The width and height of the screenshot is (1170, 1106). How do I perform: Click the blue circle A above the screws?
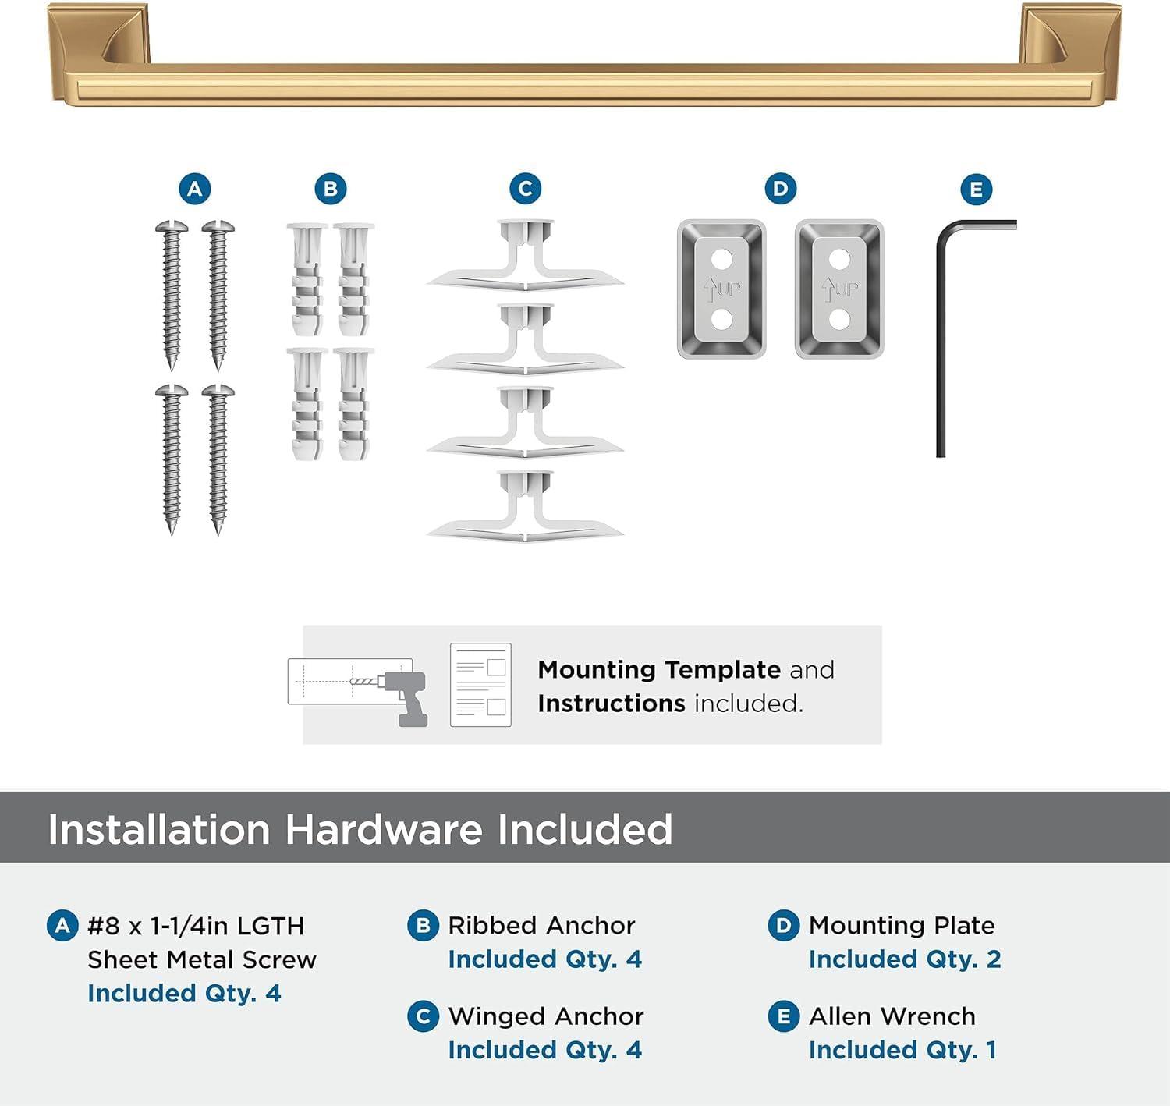[x=195, y=189]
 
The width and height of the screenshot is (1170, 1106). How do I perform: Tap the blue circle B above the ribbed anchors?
[x=331, y=189]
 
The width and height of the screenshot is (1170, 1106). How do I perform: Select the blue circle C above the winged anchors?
[x=525, y=189]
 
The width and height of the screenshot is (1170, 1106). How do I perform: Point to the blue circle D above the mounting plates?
[x=781, y=189]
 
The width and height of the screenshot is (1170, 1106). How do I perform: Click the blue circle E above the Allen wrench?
[x=976, y=190]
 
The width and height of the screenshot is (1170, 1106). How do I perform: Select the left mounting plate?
[x=721, y=289]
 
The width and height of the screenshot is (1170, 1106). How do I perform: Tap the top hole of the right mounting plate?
[x=839, y=258]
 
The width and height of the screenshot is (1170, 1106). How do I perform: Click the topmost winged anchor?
[x=525, y=257]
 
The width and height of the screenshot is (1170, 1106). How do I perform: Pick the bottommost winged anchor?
[x=525, y=507]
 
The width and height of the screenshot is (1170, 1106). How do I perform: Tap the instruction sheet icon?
[x=480, y=685]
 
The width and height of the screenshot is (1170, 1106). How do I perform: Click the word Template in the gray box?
[x=722, y=670]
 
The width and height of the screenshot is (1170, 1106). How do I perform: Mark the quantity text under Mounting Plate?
[x=905, y=959]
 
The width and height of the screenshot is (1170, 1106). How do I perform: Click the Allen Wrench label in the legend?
[x=892, y=1016]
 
